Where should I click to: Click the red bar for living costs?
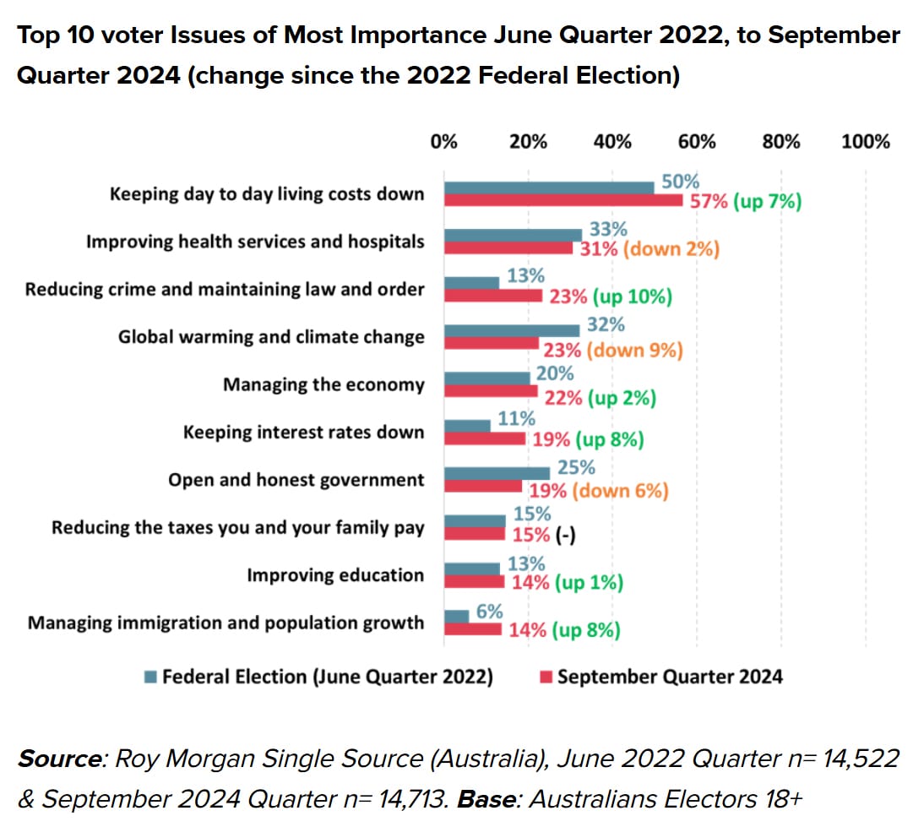coord(563,201)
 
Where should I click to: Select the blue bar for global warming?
coord(512,330)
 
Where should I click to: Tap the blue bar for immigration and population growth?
coord(457,617)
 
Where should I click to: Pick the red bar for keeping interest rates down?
coord(485,439)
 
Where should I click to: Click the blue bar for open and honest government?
coord(497,473)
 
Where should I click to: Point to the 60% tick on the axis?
coord(697,141)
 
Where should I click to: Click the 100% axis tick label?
coord(866,141)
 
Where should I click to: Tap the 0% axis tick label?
coord(444,141)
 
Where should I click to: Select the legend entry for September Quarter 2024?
coord(660,677)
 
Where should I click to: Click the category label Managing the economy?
coord(323,385)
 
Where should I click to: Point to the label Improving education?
coord(335,575)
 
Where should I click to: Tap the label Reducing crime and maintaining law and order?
coord(225,290)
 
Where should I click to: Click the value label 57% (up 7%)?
coord(746,202)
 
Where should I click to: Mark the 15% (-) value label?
coord(541,535)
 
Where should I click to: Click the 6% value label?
coord(490,611)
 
